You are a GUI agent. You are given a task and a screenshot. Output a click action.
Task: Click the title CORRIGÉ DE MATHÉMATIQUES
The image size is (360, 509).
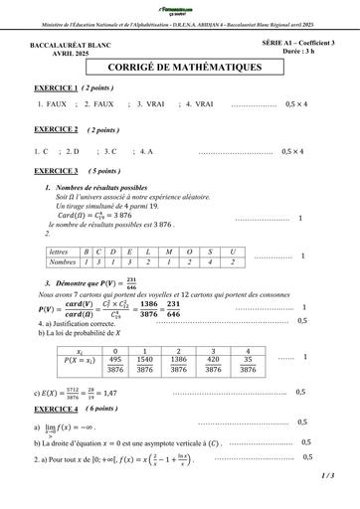click(x=179, y=67)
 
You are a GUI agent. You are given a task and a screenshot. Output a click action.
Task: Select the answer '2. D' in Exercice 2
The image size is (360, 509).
click(x=75, y=151)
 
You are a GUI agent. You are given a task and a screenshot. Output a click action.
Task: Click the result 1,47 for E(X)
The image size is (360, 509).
click(x=109, y=394)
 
